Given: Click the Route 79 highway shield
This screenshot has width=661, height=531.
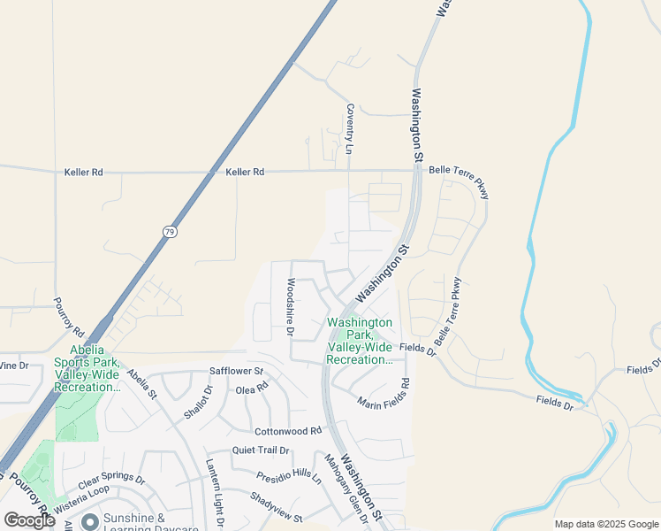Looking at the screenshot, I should (170, 231).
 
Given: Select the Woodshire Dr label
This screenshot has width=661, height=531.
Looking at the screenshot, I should (290, 308).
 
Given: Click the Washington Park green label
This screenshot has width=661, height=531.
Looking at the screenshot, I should (360, 341).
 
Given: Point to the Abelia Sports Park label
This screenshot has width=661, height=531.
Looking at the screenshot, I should (86, 368).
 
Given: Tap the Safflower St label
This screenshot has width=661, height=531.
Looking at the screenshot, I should (236, 371).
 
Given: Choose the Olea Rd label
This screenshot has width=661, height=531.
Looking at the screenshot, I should (252, 389).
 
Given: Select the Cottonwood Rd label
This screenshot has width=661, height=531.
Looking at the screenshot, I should (288, 431).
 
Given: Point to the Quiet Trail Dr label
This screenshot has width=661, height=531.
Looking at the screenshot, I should (261, 450).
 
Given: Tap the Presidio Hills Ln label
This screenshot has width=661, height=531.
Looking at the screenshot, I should (289, 476).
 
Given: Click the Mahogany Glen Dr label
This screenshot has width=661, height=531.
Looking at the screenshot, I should (342, 487).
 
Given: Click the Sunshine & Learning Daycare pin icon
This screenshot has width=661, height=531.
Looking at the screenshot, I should (89, 522).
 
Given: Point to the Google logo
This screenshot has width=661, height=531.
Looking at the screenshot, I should (29, 520).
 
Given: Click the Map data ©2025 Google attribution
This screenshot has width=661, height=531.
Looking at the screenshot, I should (605, 524).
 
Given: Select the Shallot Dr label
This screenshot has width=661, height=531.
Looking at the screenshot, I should (199, 403).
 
